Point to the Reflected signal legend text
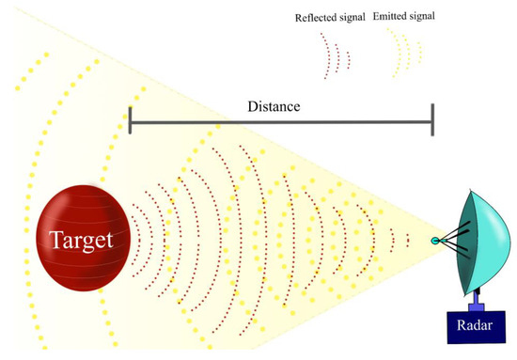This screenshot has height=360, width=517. coord(329,17)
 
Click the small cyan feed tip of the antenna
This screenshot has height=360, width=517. coord(435,242)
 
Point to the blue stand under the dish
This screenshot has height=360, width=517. coord(476,299)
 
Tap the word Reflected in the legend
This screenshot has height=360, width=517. coord(317,17)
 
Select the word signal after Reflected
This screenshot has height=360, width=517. coord(352,17)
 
